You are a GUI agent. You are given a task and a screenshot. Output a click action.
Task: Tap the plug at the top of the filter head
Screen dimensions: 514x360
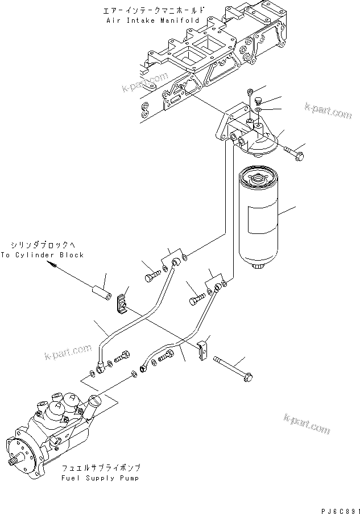click(250, 93)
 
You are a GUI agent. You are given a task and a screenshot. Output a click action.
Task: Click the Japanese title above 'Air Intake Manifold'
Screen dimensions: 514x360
click(152, 10)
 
